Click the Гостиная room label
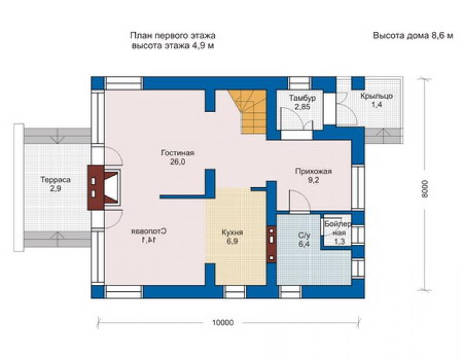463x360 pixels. click(178, 153)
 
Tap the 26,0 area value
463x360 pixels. click(178, 162)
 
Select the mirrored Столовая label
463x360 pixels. click(149, 231)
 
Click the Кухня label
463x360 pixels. click(232, 233)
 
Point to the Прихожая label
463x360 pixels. click(313, 172)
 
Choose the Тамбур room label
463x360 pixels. click(302, 98)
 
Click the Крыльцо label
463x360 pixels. click(377, 96)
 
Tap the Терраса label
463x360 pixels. click(56, 180)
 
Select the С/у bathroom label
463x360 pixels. click(304, 235)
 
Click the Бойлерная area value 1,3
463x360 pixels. click(340, 242)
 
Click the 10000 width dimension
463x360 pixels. click(223, 322)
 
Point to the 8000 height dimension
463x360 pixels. click(425, 189)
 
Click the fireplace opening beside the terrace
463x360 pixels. click(111, 187)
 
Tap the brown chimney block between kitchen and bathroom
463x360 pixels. click(272, 244)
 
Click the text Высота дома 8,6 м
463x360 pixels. click(413, 36)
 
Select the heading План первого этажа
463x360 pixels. click(173, 36)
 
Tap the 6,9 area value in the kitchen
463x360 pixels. click(232, 242)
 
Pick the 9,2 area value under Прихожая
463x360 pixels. click(313, 180)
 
